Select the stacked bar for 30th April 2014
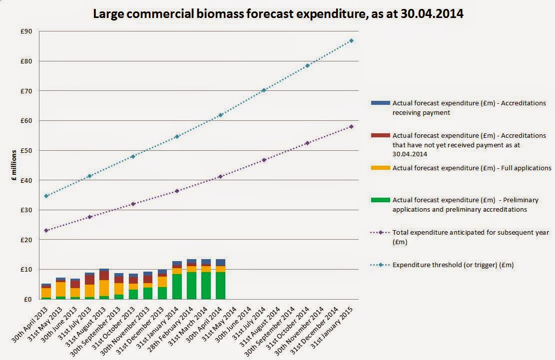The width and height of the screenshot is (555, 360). point(220,279)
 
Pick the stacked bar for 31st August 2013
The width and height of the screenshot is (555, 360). point(104,284)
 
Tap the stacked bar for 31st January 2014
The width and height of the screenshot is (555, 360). point(177,280)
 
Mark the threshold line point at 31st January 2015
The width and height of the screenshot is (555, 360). point(351,40)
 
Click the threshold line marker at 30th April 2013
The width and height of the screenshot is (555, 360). point(46,196)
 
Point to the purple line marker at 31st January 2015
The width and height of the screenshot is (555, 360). point(351,126)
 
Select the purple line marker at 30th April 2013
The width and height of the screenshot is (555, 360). point(46,230)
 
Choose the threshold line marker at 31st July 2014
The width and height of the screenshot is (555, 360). point(264,90)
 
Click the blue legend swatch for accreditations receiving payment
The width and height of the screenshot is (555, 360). point(380,103)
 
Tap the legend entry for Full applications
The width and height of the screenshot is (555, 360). point(472,168)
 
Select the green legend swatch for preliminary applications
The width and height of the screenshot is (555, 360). point(380,200)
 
